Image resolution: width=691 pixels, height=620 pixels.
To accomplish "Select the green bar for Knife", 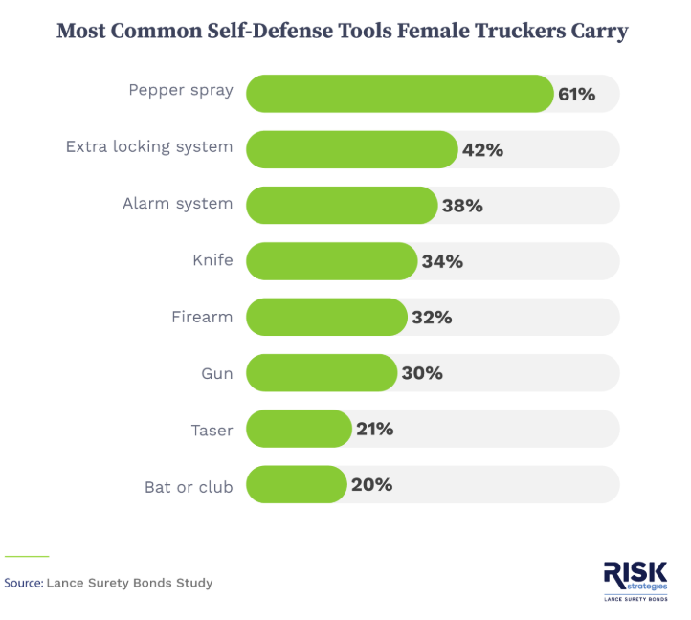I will click(x=331, y=261).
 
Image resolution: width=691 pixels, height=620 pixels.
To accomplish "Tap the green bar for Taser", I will click(x=299, y=429).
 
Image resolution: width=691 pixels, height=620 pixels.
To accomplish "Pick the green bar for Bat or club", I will click(x=296, y=484).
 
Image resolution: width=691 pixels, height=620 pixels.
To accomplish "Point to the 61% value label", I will click(x=576, y=94).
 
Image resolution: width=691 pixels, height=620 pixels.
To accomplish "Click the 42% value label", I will click(x=482, y=150).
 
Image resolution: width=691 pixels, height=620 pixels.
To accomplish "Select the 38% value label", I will click(x=462, y=206).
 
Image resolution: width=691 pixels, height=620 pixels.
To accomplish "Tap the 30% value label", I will click(x=422, y=373).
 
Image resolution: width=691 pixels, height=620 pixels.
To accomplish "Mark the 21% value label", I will click(x=374, y=429).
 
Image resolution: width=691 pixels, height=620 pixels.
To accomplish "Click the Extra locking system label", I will click(x=149, y=147).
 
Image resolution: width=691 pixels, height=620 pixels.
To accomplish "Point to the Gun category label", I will click(x=217, y=372).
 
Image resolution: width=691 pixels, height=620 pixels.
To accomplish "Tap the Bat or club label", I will click(x=189, y=486).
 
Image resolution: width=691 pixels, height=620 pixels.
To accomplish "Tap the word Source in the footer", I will click(x=23, y=582).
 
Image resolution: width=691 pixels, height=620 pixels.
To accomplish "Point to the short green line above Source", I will click(x=26, y=556).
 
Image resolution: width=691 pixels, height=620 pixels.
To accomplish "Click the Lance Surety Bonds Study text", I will click(x=130, y=582).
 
